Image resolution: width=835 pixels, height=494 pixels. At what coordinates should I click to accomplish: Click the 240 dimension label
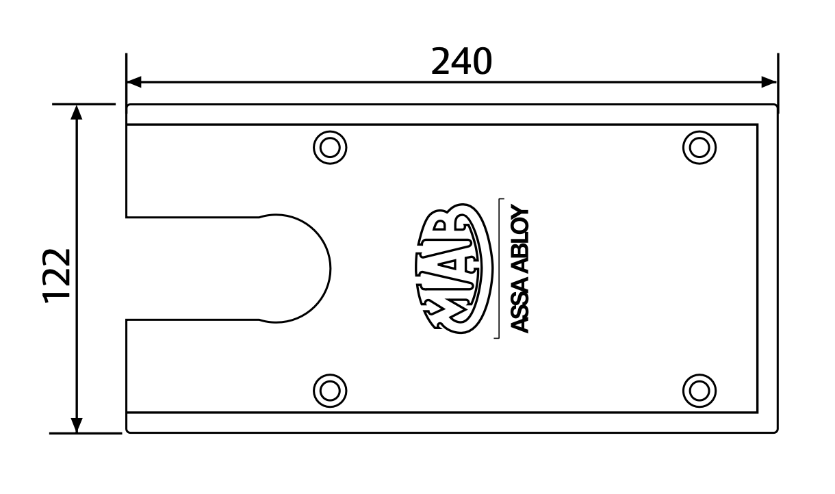pyautogui.click(x=461, y=62)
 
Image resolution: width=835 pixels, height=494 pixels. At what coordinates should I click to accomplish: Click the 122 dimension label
pyautogui.click(x=57, y=275)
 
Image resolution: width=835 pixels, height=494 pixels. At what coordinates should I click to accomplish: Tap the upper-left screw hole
pyautogui.click(x=330, y=148)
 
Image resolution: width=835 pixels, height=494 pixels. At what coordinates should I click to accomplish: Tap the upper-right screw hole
pyautogui.click(x=699, y=148)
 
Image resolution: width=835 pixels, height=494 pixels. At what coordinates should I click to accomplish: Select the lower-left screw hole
pyautogui.click(x=330, y=391)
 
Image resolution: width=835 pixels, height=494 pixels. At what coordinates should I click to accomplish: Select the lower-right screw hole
pyautogui.click(x=699, y=391)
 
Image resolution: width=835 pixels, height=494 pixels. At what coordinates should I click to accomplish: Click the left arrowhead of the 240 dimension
pyautogui.click(x=134, y=82)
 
